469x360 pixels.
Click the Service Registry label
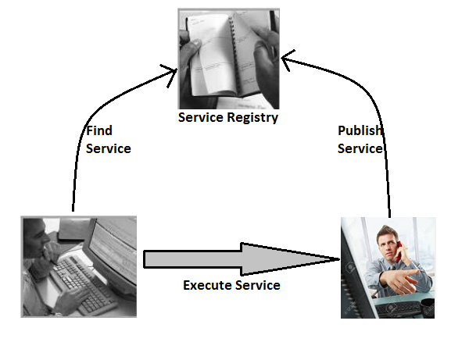point(228,118)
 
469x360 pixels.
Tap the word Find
point(99,131)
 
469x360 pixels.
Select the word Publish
point(360,130)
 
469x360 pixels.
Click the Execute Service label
point(231,285)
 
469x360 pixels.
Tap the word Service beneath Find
point(108,148)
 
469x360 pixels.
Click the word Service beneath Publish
point(360,148)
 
